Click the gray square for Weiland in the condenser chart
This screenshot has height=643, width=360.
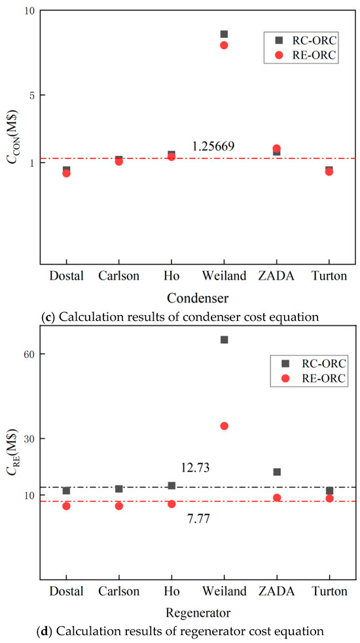pos(224,34)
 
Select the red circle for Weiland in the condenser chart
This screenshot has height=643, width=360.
pos(224,45)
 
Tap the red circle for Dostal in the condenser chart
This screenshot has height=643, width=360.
pos(66,173)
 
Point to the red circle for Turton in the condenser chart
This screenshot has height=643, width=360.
pos(329,172)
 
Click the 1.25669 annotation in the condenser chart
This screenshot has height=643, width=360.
pos(213,147)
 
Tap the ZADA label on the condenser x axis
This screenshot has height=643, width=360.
pos(276,276)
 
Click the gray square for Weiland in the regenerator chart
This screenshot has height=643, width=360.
pos(224,340)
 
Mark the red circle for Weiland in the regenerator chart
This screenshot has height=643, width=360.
pos(224,426)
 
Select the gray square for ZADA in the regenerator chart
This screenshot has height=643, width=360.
pos(277,472)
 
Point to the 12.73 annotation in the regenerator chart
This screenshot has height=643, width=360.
pos(196,468)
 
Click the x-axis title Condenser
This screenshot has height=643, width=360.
pos(198,298)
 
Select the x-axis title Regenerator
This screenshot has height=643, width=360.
pos(198,614)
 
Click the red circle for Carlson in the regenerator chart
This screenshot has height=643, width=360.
pos(119,505)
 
